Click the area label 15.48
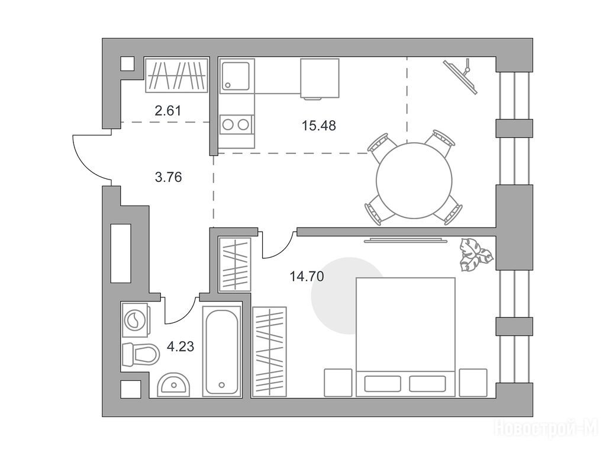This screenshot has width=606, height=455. pyautogui.click(x=319, y=126)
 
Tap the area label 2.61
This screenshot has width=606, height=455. pyautogui.click(x=167, y=111)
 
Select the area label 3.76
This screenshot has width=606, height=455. pyautogui.click(x=168, y=177)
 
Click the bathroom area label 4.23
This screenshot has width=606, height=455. pyautogui.click(x=180, y=346)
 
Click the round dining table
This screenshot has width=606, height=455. pyautogui.click(x=414, y=181)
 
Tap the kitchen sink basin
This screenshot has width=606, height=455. pyautogui.click(x=235, y=76)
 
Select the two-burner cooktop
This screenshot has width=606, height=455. pyautogui.click(x=236, y=124)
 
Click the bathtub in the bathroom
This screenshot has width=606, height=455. pyautogui.click(x=221, y=351)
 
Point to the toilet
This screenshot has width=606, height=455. pyautogui.click(x=141, y=354)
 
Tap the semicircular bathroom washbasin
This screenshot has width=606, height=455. pyautogui.click(x=173, y=384)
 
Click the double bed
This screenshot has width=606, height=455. pyautogui.click(x=405, y=337)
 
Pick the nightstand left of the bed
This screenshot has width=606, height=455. pyautogui.click(x=338, y=383)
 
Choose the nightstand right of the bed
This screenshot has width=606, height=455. pyautogui.click(x=473, y=383)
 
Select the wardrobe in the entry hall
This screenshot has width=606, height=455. pyautogui.click(x=176, y=75)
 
